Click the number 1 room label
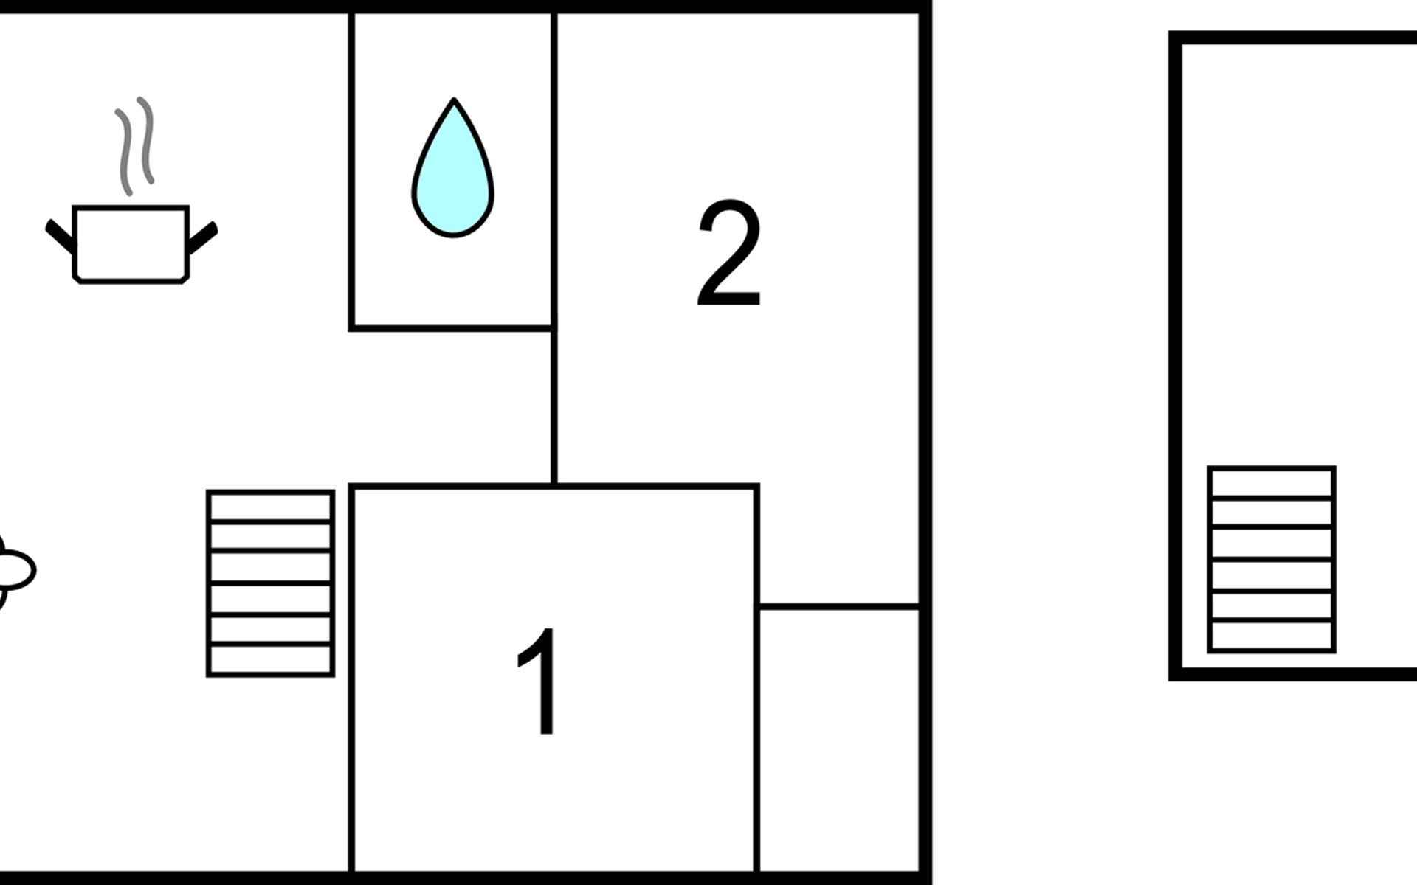click(538, 681)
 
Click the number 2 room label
click(728, 253)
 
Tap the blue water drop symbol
click(452, 167)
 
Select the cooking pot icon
click(131, 243)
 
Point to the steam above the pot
click(135, 145)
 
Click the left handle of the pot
click(60, 236)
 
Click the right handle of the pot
click(203, 237)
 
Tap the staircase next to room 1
click(270, 583)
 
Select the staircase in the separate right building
click(1272, 559)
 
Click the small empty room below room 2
click(839, 740)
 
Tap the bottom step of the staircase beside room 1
click(270, 659)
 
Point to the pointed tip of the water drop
click(454, 99)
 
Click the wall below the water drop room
click(451, 327)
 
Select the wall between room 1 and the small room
click(757, 678)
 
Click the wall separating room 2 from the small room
click(839, 607)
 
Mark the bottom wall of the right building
click(1293, 674)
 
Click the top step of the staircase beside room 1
click(270, 507)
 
